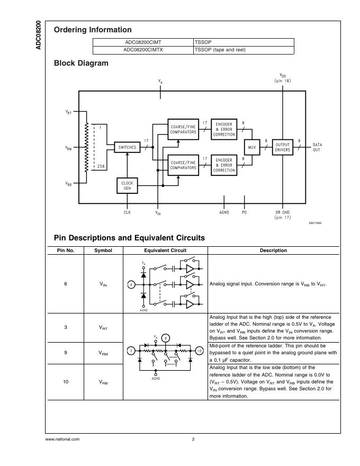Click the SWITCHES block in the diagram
pos(127,147)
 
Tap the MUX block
pos(251,147)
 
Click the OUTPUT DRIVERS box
pos(282,147)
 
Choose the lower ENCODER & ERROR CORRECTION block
pos(224,165)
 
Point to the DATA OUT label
pos(317,147)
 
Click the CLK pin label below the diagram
pos(127,212)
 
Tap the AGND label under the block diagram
pos(224,212)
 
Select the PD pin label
pos(244,212)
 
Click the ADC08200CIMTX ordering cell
pos(143,50)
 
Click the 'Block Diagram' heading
pos(81,64)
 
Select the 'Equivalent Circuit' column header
pos(165,250)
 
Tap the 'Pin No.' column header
pos(66,250)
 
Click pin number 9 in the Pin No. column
pos(66,353)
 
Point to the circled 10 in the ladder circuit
pos(199,351)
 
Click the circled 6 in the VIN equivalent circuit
pos(131,284)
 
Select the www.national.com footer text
pos(62,439)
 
